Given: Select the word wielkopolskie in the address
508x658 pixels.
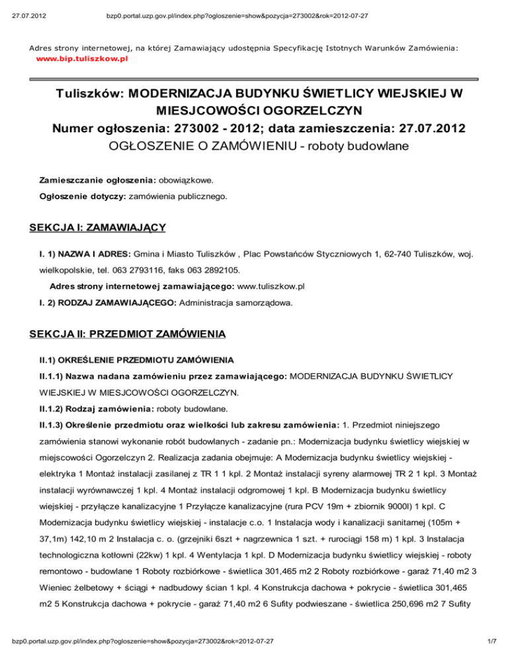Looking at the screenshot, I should [x=67, y=270].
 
